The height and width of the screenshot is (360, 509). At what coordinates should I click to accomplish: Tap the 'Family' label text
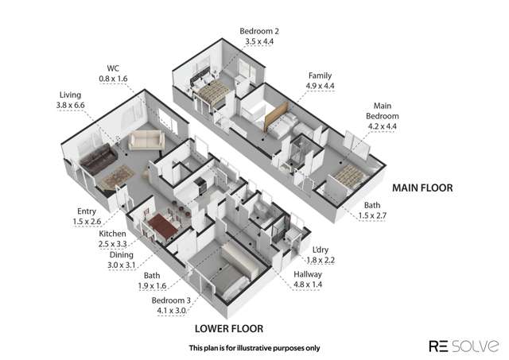320,75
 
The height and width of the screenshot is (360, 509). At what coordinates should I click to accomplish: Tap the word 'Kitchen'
111,234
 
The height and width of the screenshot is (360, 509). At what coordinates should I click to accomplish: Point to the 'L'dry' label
323,250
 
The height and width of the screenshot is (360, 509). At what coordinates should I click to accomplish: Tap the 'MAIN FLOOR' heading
423,188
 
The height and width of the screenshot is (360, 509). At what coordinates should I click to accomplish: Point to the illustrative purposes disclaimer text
254,347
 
